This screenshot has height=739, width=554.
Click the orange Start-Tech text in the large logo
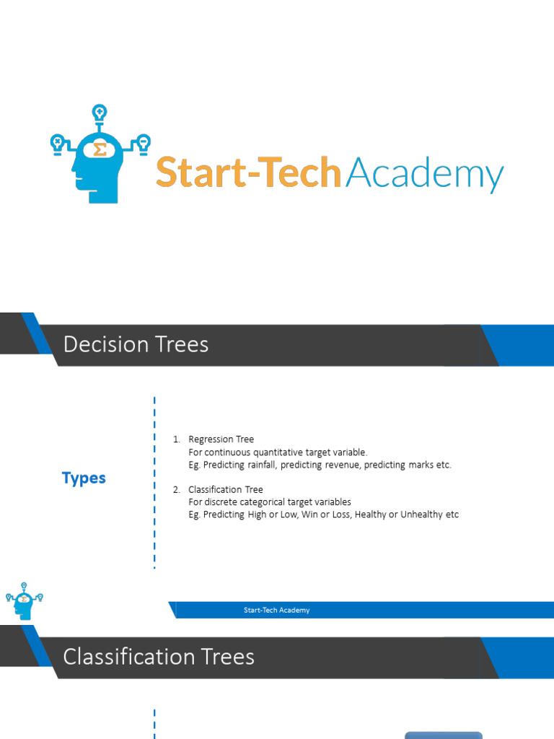248,174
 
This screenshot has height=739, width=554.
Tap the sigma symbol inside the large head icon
100,149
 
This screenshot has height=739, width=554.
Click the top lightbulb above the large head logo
100,113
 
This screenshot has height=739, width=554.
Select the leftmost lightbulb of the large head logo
56,141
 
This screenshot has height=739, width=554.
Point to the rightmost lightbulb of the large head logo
144,141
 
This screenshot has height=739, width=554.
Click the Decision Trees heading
136,345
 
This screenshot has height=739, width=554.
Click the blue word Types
84,478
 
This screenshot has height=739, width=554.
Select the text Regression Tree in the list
221,439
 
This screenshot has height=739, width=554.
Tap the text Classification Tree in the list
226,489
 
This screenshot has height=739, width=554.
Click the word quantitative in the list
271,452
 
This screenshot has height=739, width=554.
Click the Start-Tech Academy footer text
276,611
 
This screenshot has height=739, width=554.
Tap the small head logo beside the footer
24,600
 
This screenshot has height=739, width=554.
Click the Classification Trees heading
159,657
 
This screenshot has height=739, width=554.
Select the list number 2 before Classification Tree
176,489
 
